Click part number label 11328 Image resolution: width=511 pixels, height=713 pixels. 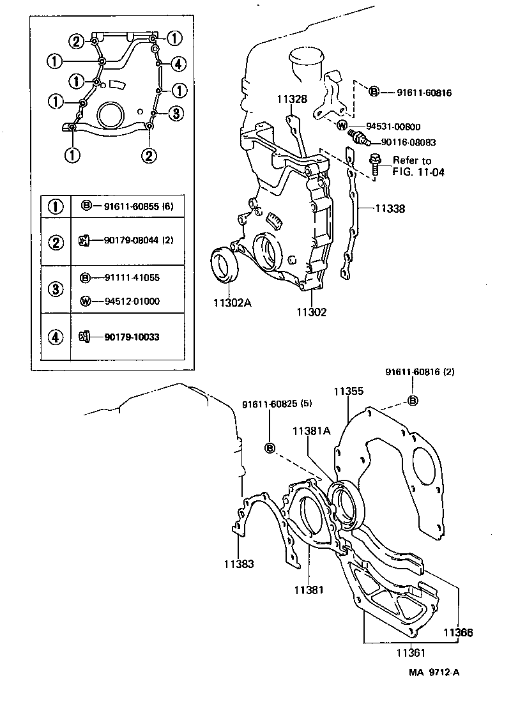pyautogui.click(x=292, y=99)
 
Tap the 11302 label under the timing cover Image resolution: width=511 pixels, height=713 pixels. pyautogui.click(x=311, y=312)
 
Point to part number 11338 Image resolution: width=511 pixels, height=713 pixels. pyautogui.click(x=390, y=209)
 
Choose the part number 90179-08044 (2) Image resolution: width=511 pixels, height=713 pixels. pyautogui.click(x=136, y=240)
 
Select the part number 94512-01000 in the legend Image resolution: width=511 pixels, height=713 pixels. pyautogui.click(x=132, y=300)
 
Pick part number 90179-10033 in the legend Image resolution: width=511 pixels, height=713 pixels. pyautogui.click(x=132, y=336)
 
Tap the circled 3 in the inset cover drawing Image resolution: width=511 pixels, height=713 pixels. pyautogui.click(x=178, y=113)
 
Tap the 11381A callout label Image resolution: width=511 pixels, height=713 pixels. pyautogui.click(x=311, y=431)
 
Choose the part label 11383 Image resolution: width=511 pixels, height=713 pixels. pyautogui.click(x=238, y=564)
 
